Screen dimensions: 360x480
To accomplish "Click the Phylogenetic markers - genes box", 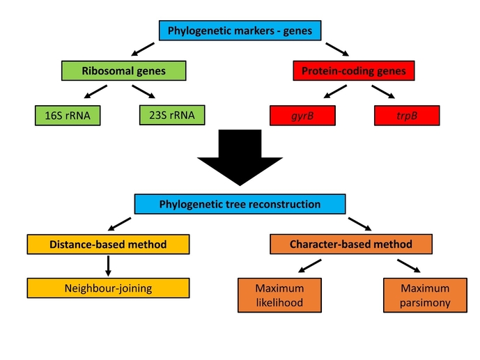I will (x=239, y=31).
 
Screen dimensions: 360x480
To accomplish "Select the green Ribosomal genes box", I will (x=124, y=71).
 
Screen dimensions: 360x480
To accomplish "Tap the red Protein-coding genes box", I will (x=353, y=71).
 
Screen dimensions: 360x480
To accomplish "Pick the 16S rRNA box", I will (x=67, y=115).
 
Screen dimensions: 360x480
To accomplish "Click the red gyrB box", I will (x=302, y=115).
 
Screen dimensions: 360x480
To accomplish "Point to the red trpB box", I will (x=408, y=115).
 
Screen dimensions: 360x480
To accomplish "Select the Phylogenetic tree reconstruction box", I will (x=240, y=205).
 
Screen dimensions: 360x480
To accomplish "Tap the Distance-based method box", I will (x=108, y=244).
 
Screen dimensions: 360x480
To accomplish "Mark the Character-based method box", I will (x=350, y=244).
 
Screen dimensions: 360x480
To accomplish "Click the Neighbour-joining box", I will (x=108, y=288).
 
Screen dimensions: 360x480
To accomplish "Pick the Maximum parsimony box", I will (x=425, y=295).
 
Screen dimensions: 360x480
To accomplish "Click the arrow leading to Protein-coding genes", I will (x=337, y=48).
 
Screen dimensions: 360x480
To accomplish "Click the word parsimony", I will (x=425, y=303).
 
